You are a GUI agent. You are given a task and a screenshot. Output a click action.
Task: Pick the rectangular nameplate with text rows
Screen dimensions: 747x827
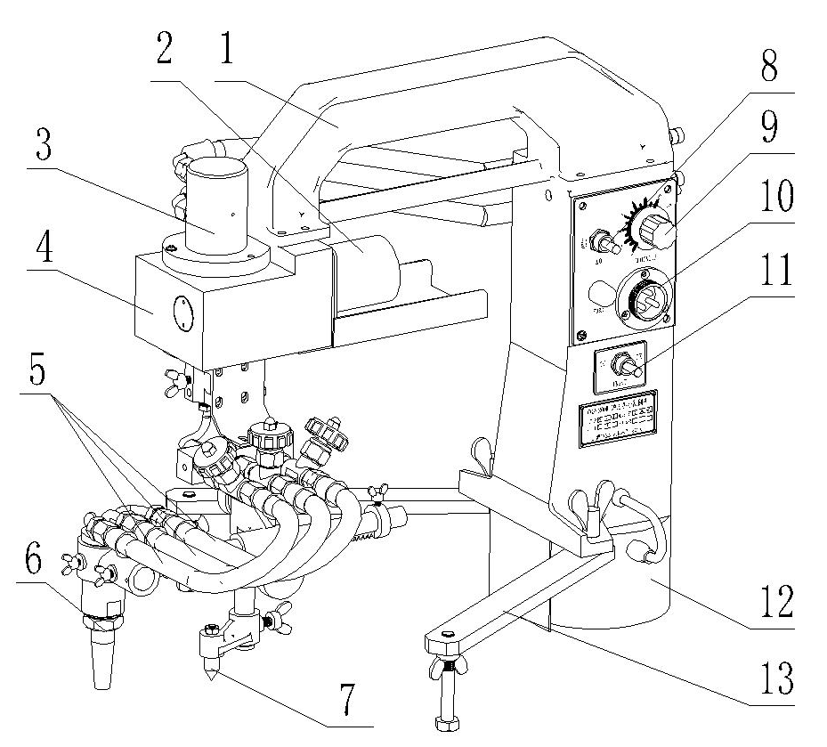pos(618,418)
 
